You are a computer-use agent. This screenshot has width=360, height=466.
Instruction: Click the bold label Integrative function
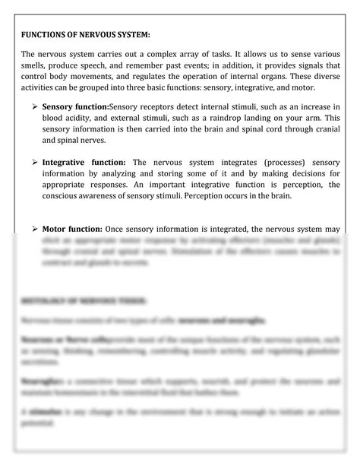click(84, 162)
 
